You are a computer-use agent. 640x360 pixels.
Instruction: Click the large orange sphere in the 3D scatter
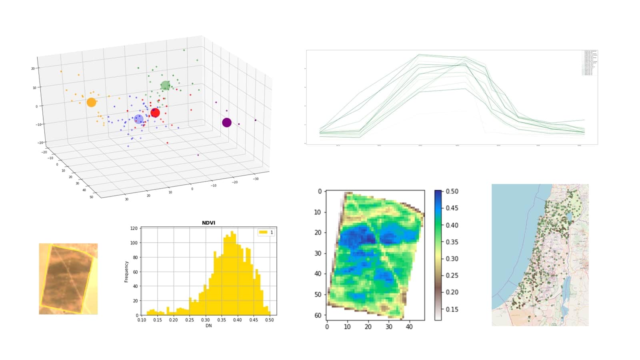[91, 102]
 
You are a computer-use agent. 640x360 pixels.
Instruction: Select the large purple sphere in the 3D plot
[227, 122]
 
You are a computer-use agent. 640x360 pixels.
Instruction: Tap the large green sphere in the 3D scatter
[165, 86]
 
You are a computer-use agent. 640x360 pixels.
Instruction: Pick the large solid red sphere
[155, 113]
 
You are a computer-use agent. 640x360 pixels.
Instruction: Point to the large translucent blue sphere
[139, 119]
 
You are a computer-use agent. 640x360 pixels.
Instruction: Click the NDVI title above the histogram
[208, 223]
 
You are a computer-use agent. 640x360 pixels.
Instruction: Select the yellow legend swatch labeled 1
[263, 232]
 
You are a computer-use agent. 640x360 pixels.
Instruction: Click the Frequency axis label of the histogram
[126, 272]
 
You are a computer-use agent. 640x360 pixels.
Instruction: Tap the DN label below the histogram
[208, 326]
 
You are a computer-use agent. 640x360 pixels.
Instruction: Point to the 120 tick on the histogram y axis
[134, 228]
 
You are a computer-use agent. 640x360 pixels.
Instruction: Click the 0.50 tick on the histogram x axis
[270, 320]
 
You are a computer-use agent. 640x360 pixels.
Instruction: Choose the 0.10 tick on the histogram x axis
[142, 320]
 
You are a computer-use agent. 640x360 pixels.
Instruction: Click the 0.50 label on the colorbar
[452, 192]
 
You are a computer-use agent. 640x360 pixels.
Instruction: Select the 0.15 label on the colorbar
[452, 309]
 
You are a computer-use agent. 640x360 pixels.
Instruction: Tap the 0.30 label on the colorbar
[452, 259]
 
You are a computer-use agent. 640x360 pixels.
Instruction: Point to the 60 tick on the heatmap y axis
[318, 315]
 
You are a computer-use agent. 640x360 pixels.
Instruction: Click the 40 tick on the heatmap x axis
[409, 327]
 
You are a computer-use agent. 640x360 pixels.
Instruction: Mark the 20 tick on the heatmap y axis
[318, 232]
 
